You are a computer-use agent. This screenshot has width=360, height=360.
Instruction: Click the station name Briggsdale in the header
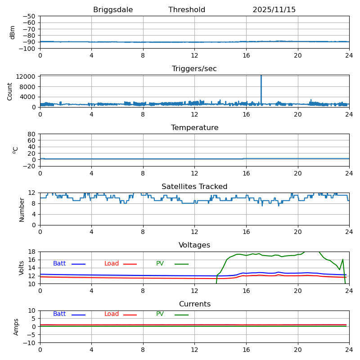tap(113, 10)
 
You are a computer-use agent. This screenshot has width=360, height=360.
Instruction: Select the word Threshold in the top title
tap(187, 10)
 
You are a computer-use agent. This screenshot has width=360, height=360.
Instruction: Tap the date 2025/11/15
tap(274, 10)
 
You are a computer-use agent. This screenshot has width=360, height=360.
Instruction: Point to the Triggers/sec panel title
tap(194, 69)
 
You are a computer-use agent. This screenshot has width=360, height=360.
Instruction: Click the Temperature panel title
tap(194, 128)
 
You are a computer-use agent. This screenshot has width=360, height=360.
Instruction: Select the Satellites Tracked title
tap(194, 187)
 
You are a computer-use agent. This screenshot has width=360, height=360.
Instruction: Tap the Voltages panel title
tap(194, 245)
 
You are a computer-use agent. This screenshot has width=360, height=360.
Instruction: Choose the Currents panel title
tap(194, 304)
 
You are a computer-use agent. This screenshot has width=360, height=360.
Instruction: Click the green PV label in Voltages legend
tap(160, 264)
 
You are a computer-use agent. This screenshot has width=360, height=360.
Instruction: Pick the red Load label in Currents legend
tap(112, 314)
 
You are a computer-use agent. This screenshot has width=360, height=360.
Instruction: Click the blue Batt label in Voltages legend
tap(59, 264)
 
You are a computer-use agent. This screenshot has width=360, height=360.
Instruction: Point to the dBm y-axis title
tap(13, 32)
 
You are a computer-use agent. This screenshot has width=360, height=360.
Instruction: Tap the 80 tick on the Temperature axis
tap(32, 134)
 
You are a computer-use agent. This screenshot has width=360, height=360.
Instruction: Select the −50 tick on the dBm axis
tap(29, 16)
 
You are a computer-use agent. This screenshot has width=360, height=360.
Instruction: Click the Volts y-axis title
tap(22, 267)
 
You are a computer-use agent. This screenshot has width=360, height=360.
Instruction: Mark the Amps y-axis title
tap(17, 327)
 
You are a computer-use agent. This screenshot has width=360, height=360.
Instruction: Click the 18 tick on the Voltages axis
tap(32, 252)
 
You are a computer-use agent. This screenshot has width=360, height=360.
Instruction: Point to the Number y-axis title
tap(22, 209)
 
